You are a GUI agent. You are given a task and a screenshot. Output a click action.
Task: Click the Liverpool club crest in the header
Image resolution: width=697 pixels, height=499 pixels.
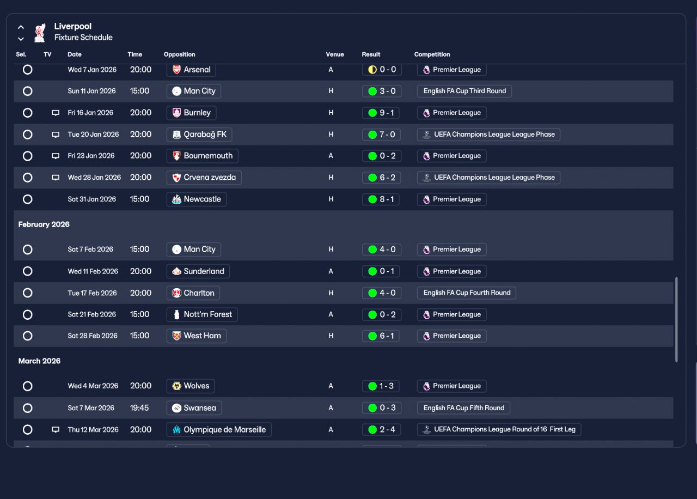pos(40,33)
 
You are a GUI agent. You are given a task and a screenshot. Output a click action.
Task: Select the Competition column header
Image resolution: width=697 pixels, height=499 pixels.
pos(432,54)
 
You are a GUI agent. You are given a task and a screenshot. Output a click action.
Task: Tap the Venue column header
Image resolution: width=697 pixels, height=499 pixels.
pos(335,54)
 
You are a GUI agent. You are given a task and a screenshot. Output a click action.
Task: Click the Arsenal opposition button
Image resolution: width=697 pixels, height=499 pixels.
pos(191,70)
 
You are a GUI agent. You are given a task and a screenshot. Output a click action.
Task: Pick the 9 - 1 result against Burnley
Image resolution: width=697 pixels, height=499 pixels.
pos(381,113)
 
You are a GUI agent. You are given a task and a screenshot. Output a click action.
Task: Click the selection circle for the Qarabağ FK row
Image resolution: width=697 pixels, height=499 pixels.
pos(28,135)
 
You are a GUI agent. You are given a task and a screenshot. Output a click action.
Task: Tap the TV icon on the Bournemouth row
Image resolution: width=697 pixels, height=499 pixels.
pos(56,156)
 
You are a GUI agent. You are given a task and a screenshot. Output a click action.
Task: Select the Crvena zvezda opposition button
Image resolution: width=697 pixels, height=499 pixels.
pos(204,178)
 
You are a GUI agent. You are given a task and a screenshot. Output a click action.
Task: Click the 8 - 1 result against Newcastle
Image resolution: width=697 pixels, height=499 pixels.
pos(381,199)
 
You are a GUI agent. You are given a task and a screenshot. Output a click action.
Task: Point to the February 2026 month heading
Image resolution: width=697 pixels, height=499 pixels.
pos(44,224)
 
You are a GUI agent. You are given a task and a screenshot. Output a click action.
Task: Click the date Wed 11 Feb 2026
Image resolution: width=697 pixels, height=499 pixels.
pos(93,271)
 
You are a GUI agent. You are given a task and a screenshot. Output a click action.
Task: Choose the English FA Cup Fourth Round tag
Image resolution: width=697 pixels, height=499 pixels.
pos(467,293)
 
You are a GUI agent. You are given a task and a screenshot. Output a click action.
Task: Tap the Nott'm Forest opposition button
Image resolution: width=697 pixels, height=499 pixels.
pos(202,314)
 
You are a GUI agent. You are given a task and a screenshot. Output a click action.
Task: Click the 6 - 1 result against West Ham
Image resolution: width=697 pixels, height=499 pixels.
pos(381,336)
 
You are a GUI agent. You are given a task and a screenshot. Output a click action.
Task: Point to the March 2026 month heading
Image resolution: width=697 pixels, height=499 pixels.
pos(39,361)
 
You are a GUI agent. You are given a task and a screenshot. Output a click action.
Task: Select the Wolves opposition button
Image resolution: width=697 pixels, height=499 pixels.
pos(191,386)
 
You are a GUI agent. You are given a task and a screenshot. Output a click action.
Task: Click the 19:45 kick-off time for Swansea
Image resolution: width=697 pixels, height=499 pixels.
pos(139,408)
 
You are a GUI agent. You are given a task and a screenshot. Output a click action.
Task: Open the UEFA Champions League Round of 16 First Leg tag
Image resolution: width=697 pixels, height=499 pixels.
pos(499,429)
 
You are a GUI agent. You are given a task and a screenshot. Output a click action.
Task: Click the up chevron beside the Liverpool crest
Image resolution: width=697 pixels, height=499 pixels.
pos(21,27)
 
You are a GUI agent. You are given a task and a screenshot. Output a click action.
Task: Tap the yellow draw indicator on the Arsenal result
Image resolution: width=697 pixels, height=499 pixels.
pos(372,69)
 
